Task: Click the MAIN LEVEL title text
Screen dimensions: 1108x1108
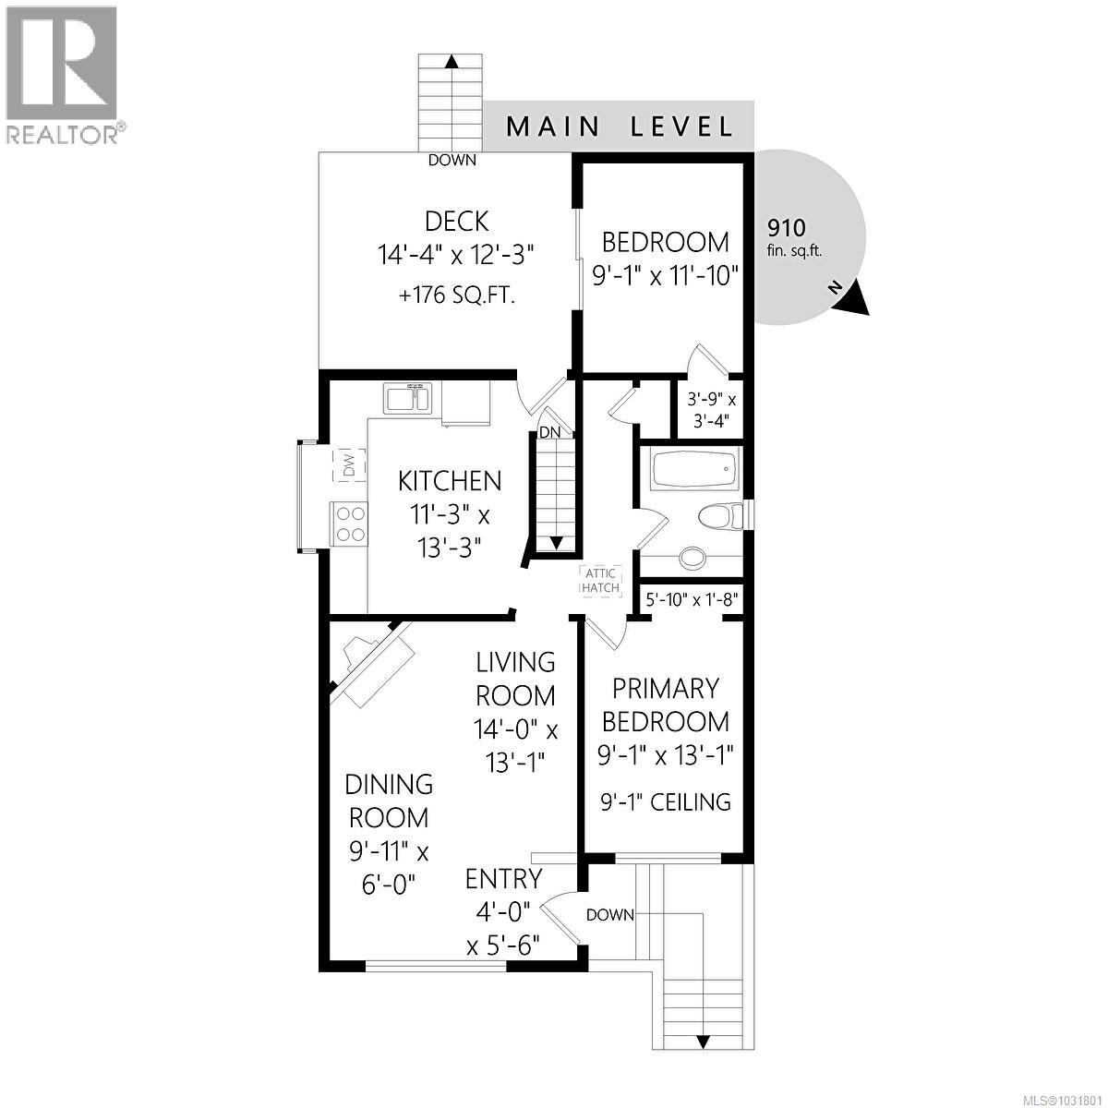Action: tap(620, 126)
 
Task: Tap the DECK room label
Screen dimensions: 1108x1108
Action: tap(456, 222)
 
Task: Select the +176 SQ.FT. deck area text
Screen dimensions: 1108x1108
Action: tap(456, 296)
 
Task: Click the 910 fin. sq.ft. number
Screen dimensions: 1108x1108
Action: tap(787, 228)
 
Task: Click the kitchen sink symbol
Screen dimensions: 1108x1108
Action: tap(408, 399)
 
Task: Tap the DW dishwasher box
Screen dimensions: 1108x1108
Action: tap(348, 465)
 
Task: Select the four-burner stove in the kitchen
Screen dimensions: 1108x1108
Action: tap(349, 524)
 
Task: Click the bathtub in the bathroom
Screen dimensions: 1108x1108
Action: tap(694, 470)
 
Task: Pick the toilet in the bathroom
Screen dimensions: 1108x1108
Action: tap(723, 515)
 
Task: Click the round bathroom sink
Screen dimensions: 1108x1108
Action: tap(690, 557)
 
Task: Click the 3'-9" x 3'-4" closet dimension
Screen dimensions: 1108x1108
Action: tap(712, 411)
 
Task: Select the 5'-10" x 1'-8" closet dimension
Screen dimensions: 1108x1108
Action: tap(691, 599)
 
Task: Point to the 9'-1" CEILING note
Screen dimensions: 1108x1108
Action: tap(664, 801)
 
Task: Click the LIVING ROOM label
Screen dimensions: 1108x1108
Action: tap(515, 678)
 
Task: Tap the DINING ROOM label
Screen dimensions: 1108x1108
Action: tap(388, 801)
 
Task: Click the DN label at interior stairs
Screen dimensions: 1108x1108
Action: tap(550, 432)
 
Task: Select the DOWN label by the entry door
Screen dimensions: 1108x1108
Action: tap(609, 915)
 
